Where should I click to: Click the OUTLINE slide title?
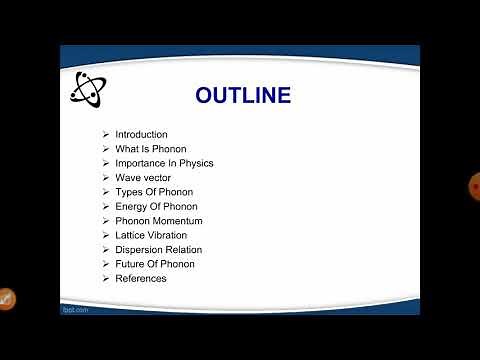pos(243,96)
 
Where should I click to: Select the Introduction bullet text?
pos(141,135)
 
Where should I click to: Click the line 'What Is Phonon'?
pos(150,149)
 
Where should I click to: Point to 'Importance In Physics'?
pos(164,163)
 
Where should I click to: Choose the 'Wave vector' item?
pos(144,178)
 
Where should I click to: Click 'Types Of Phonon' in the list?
pos(154,192)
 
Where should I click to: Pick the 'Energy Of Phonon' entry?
pos(156,207)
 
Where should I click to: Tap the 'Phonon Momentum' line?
pos(158,221)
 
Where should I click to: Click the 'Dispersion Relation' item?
pos(158,250)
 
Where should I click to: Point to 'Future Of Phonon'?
pos(154,264)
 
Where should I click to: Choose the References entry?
pos(140,278)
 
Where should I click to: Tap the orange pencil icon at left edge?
pos(5,297)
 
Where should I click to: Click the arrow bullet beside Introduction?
pos(106,135)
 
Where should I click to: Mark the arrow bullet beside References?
pos(106,278)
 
